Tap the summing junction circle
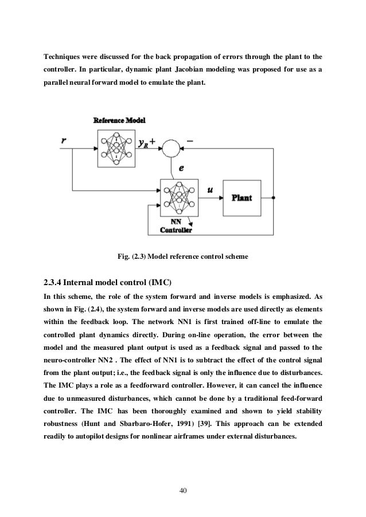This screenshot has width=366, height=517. coord(170,148)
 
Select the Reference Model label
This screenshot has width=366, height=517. coord(119,121)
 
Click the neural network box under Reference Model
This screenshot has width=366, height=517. coord(116,148)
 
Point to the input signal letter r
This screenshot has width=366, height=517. coord(63,140)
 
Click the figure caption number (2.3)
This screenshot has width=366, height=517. coord(141,257)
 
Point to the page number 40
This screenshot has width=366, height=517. coord(183,491)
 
